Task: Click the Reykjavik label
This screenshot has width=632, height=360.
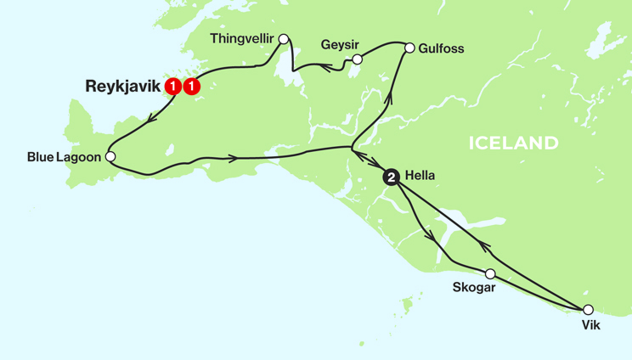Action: coord(123,86)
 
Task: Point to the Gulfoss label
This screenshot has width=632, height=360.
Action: coord(441,48)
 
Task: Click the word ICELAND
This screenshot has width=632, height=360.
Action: coord(513,143)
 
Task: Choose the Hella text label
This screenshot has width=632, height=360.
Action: coord(420,177)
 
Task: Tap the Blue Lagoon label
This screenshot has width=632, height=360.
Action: coord(64,157)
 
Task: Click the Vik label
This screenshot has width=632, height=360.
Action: coord(590,324)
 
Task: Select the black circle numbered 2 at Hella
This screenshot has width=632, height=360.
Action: coord(391,177)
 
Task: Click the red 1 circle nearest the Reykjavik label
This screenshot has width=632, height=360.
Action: coord(173,86)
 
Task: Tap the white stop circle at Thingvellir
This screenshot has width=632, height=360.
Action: coord(284,38)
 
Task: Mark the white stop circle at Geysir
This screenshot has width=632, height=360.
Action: coord(358,59)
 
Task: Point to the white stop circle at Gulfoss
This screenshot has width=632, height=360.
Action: coord(409,48)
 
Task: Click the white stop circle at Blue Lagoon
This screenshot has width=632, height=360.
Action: coord(110,156)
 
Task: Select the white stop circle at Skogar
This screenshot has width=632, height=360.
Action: coord(490,273)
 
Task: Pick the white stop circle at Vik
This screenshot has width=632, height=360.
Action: coord(586,310)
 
